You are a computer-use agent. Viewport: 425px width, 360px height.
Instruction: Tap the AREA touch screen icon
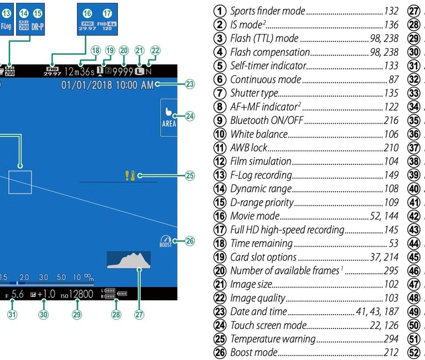pos(169,116)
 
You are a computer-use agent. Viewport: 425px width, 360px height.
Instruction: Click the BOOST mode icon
pos(165,242)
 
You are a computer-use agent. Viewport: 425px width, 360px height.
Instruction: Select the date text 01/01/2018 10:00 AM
pos(107,85)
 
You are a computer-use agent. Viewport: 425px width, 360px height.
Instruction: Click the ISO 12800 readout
pos(78,294)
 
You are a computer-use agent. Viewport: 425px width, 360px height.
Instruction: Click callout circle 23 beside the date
pos(190,85)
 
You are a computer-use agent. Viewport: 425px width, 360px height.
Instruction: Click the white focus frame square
pos(20,182)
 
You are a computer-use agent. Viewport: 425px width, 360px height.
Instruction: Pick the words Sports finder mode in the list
pos(267,11)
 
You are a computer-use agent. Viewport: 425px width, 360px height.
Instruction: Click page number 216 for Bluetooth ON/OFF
pos(391,120)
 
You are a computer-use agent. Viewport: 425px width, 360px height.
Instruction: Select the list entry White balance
pos(258,134)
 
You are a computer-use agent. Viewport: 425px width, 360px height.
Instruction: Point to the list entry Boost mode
pos(253,352)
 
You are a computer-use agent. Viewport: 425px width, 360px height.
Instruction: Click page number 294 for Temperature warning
pos(391,338)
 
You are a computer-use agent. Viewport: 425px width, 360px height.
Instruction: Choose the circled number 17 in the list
pos(220,229)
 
